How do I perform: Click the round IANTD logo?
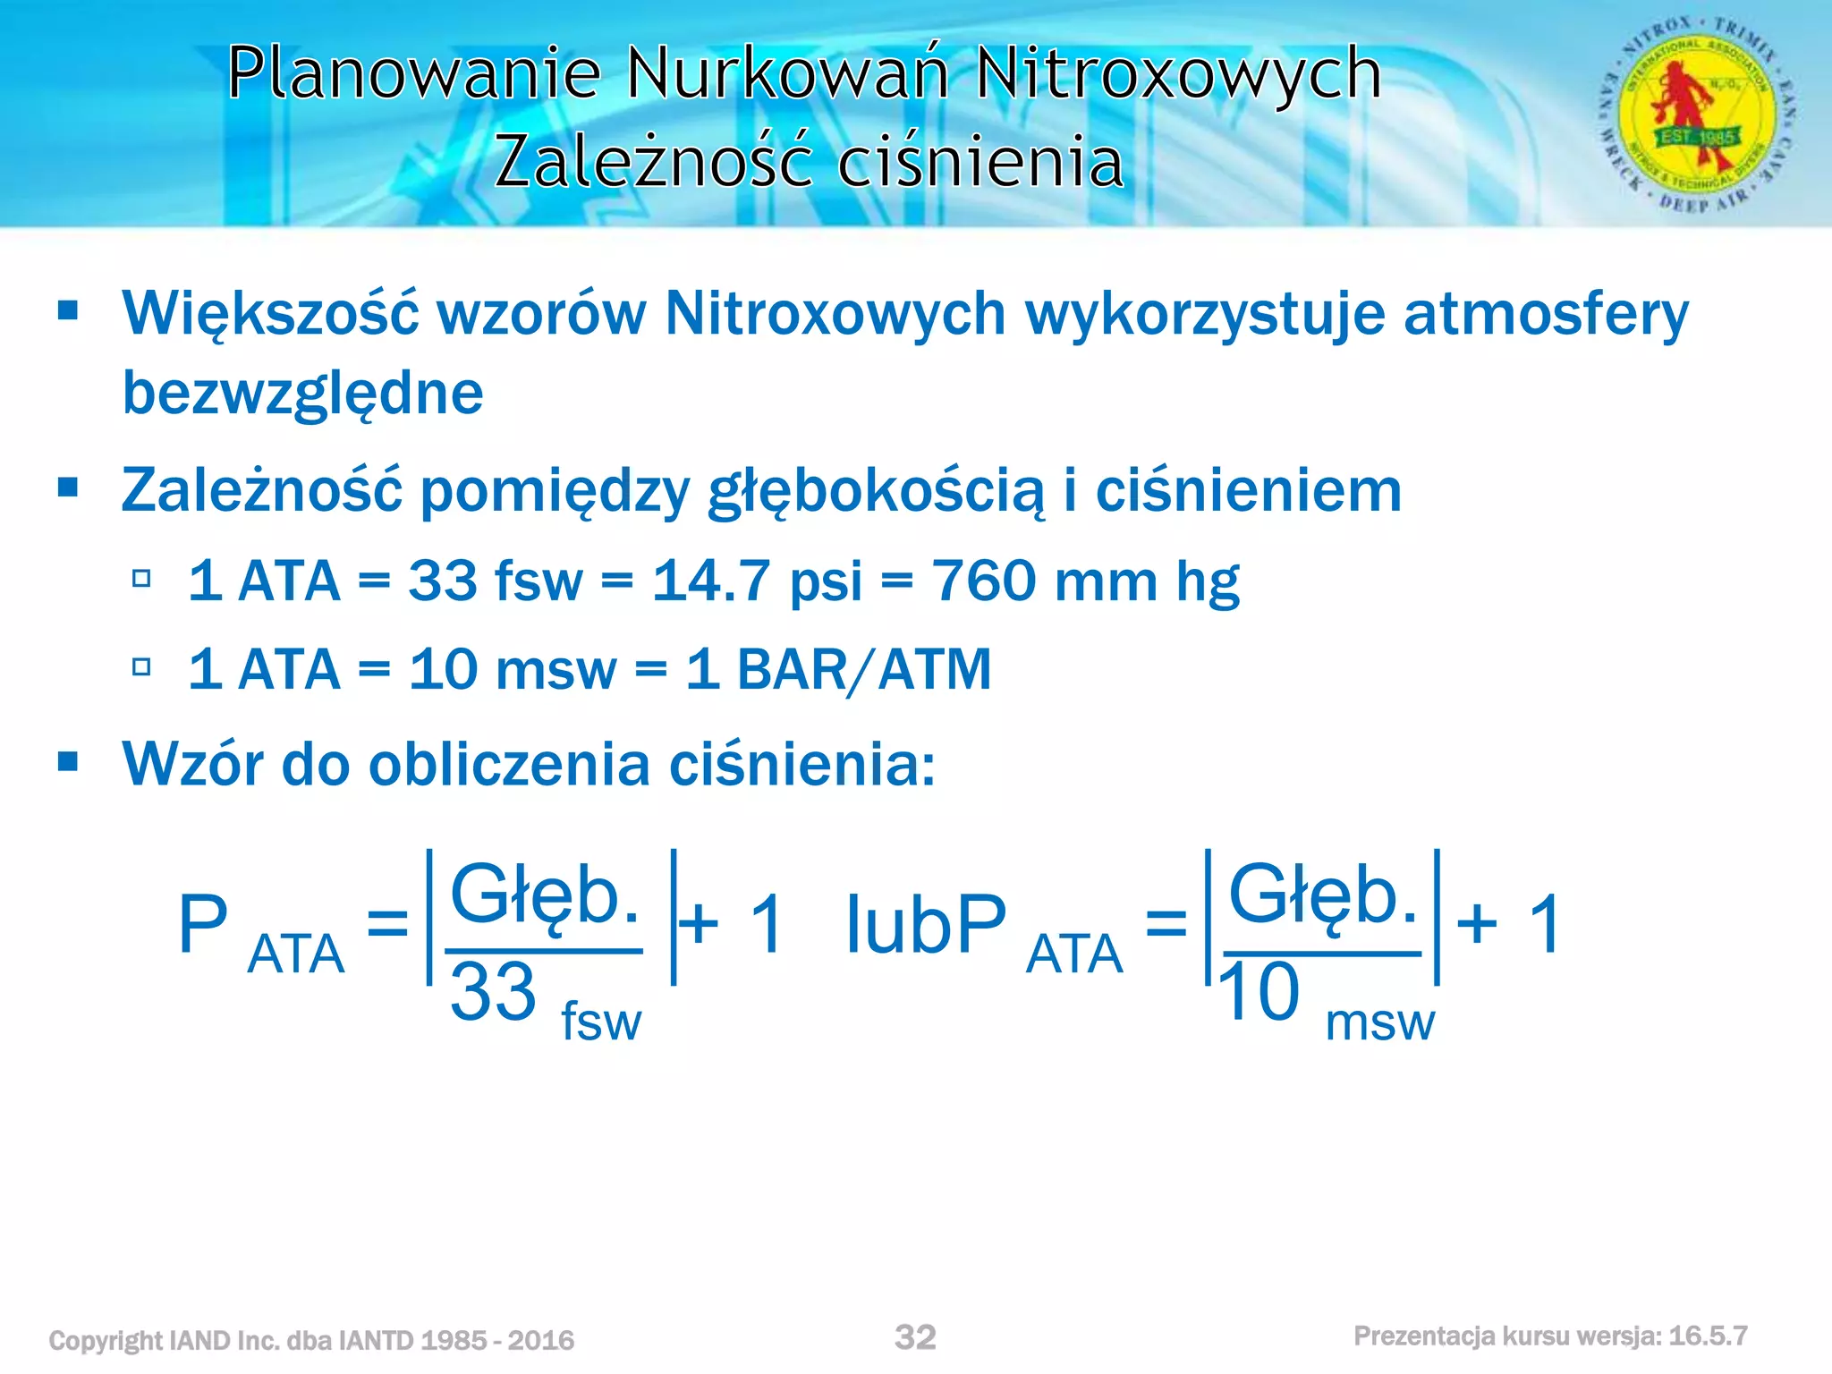coord(1697,114)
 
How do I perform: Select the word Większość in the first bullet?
coord(270,315)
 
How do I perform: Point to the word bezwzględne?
coord(302,394)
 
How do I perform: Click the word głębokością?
coord(875,492)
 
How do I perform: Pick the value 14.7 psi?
coord(757,581)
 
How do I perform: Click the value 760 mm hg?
coord(1085,581)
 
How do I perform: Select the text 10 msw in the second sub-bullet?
coord(512,670)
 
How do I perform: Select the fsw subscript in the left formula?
coord(600,1022)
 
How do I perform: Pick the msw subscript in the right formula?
coord(1379,1022)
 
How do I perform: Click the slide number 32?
coord(915,1337)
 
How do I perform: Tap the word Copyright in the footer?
coord(106,1340)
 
